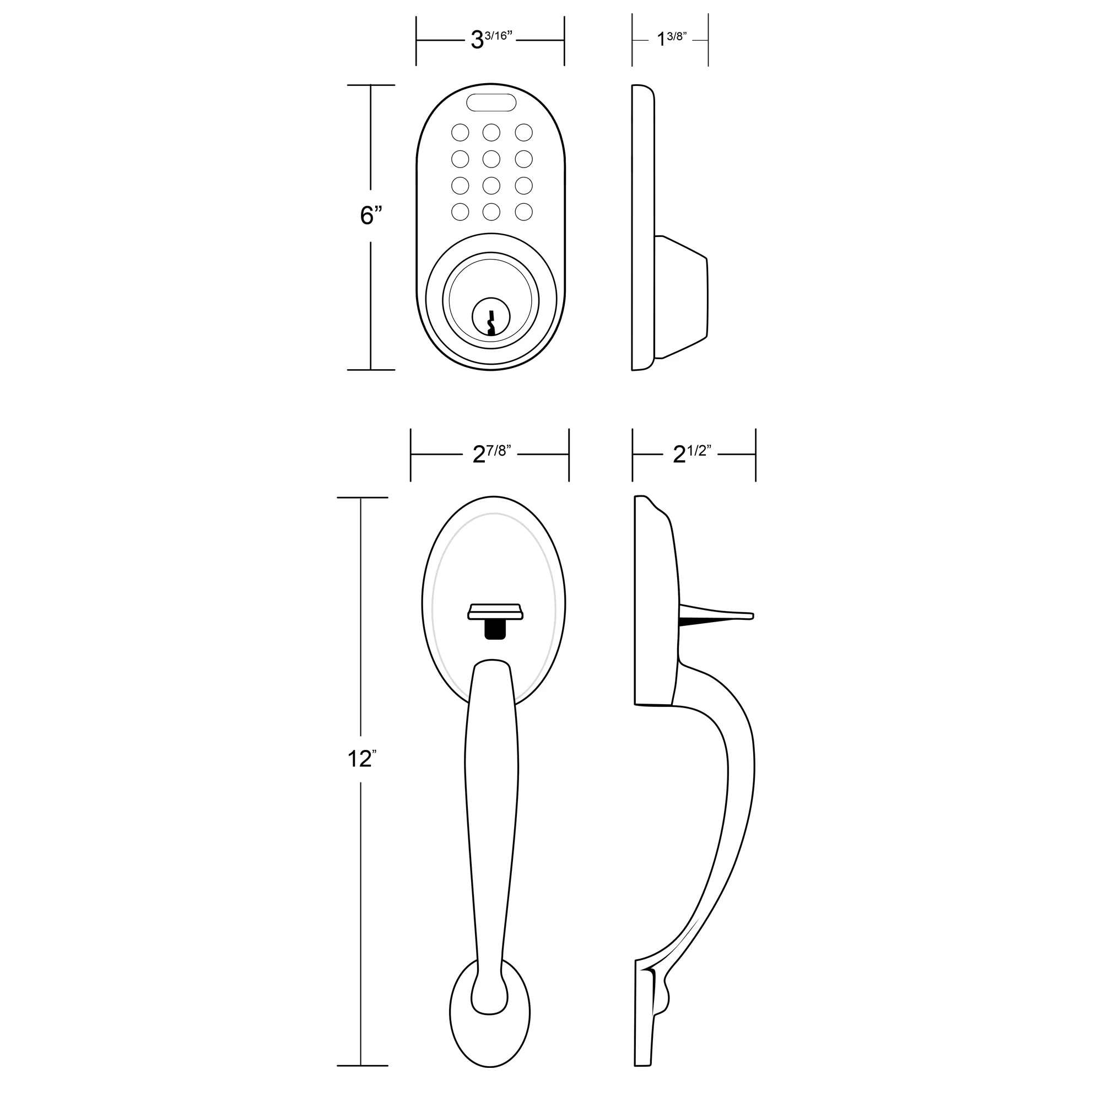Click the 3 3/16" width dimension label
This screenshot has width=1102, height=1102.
[x=490, y=40]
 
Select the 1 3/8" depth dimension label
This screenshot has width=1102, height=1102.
[x=671, y=39]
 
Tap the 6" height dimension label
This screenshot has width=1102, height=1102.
[x=370, y=215]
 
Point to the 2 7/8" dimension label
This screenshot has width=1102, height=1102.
[x=490, y=455]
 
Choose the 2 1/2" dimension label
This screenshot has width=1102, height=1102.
[x=693, y=455]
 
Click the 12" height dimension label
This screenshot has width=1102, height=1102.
[x=361, y=759]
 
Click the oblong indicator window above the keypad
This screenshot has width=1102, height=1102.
[x=491, y=102]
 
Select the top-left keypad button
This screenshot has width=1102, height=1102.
[x=460, y=133]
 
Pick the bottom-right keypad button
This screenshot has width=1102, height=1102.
[x=523, y=212]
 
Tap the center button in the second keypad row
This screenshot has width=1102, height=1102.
[x=491, y=159]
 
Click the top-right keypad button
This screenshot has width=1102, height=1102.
[x=523, y=133]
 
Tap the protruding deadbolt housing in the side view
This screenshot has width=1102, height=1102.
[x=682, y=296]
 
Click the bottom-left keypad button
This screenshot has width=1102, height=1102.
[x=460, y=212]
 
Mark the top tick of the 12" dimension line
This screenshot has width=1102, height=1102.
[x=361, y=498]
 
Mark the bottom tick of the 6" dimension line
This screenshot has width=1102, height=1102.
[x=371, y=370]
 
